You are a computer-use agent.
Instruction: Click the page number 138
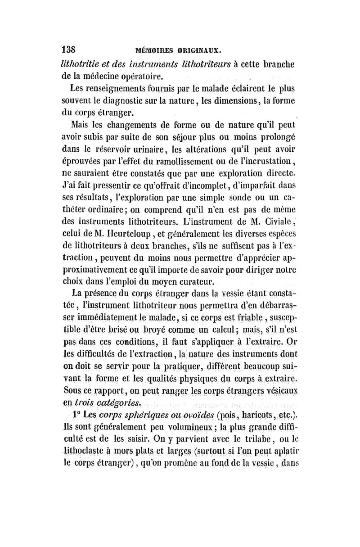point(70,48)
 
